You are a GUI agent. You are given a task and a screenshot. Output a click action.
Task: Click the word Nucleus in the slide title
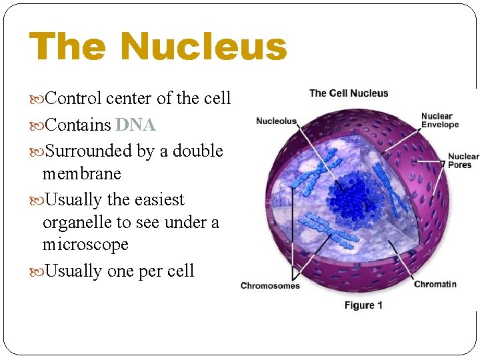point(203,47)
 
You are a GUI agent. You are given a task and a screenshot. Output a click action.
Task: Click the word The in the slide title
point(68,47)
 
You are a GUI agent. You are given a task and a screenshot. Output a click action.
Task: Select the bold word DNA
point(135,125)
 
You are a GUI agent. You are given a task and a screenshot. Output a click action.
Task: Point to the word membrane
point(81,174)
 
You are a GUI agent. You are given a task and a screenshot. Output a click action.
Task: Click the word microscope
point(85,245)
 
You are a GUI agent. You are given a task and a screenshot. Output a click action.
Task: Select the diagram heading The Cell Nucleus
point(349,93)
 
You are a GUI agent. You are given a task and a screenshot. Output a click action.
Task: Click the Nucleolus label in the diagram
point(276,121)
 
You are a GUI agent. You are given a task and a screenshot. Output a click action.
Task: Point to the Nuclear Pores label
point(463,161)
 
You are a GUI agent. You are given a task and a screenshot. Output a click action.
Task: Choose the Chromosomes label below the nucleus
point(270,286)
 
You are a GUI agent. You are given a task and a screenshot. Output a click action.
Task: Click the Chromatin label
point(435,285)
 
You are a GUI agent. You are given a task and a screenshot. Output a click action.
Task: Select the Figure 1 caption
point(363,305)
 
